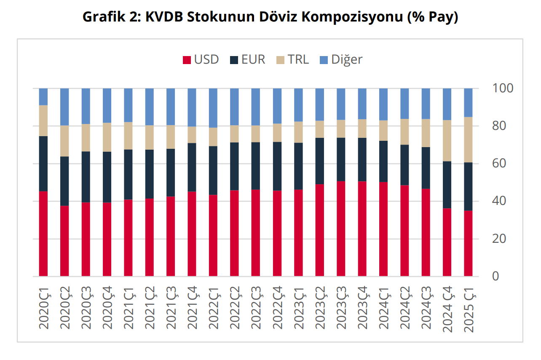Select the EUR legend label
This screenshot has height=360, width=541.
click(253, 59)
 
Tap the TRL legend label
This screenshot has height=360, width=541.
click(298, 59)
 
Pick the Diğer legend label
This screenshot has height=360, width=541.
click(346, 59)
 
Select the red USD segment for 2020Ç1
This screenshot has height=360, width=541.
click(43, 234)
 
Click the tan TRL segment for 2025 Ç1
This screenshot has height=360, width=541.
click(468, 140)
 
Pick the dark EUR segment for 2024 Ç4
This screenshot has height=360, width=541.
click(447, 185)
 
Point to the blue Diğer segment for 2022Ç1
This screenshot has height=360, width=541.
click(213, 108)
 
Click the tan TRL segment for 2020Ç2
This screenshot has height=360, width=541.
click(64, 141)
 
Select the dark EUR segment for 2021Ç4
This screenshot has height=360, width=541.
click(192, 167)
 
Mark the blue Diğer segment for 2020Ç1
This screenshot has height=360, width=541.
click(43, 97)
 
